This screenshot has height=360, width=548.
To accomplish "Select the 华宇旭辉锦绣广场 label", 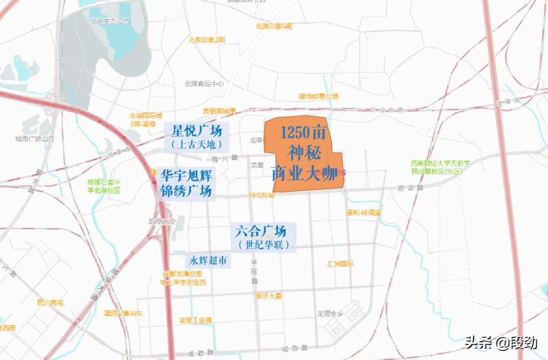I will [186, 184].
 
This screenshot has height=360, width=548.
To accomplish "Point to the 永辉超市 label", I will [208, 261].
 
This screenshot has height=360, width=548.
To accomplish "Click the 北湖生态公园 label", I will [110, 21].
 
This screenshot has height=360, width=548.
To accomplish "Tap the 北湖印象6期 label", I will [274, 26].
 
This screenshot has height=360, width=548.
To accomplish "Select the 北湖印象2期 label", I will [206, 40].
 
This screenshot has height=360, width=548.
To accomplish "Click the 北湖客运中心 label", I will [204, 84].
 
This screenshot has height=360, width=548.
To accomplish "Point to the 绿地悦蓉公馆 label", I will [318, 96].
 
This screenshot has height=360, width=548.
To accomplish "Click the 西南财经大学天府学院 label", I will [441, 167].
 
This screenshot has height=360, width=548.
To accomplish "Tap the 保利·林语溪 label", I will [363, 213].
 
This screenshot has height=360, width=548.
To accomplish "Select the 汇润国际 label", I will [340, 264].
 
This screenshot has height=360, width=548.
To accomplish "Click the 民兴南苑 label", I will [50, 303].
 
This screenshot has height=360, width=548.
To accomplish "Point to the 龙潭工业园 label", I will [195, 320].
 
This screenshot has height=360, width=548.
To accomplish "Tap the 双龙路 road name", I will [410, 188].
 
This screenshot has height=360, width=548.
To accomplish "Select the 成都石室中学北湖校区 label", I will [104, 187].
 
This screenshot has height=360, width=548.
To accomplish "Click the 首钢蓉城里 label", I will [219, 111].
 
